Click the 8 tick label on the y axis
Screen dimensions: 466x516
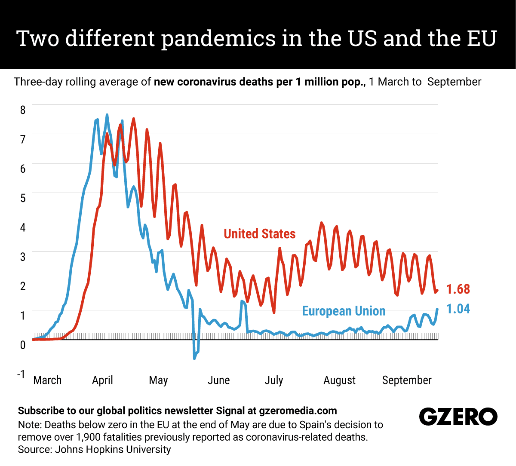[x=23, y=110]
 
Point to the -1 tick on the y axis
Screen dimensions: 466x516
[x=21, y=374]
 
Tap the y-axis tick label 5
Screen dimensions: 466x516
[x=23, y=198]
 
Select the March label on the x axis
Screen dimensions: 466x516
[x=47, y=380]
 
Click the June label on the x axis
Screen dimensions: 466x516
[x=218, y=380]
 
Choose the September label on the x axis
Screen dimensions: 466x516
[x=406, y=380]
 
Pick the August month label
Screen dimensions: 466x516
[x=339, y=380]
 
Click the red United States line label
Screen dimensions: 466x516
[x=260, y=234]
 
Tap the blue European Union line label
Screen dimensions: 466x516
[x=344, y=311]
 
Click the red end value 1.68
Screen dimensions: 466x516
[x=458, y=289]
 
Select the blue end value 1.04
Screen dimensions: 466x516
[x=458, y=309]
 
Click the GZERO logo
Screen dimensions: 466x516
[x=458, y=417]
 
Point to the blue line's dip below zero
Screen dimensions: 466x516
[x=195, y=357]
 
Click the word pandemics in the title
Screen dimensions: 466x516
[x=219, y=39]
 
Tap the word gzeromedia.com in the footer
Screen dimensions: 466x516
[x=298, y=411]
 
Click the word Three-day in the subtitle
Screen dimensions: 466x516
[x=38, y=82]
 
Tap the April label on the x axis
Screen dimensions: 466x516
[x=102, y=380]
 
